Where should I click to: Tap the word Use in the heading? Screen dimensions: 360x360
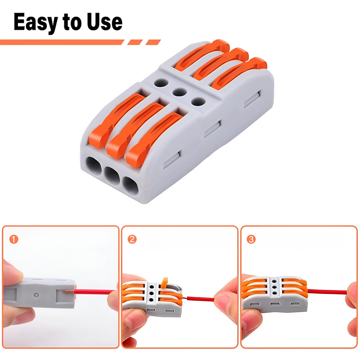pos(103,22)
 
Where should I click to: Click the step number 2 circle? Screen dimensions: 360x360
pos(132,239)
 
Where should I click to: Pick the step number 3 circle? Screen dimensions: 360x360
pos(251,239)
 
